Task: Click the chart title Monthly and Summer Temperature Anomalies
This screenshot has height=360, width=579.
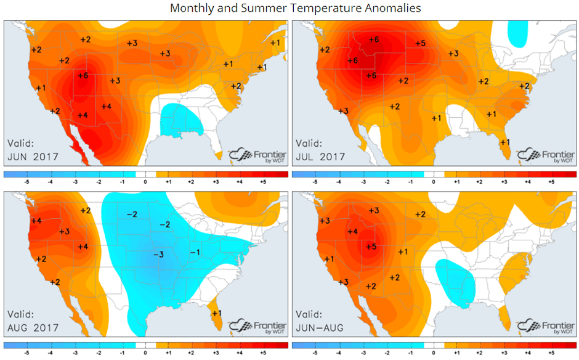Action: tap(296, 8)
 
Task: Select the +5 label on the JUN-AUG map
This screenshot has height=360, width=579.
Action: tap(371, 247)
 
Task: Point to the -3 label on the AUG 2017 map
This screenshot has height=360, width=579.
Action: tap(158, 255)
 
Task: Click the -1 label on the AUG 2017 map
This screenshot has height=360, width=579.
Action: tap(195, 252)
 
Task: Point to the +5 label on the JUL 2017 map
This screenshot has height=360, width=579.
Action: tap(421, 43)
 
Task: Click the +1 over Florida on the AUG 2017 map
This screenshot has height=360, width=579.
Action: tap(217, 313)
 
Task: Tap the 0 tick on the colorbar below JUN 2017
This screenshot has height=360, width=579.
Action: tap(145, 182)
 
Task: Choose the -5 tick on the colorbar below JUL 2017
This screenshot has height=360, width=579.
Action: tap(315, 182)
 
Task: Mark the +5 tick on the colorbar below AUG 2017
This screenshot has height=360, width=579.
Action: tap(263, 354)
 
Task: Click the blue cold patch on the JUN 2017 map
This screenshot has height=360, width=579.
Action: tap(179, 121)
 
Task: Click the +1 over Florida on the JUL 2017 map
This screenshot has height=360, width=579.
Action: tap(505, 142)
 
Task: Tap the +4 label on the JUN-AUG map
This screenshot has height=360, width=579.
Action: tap(353, 231)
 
